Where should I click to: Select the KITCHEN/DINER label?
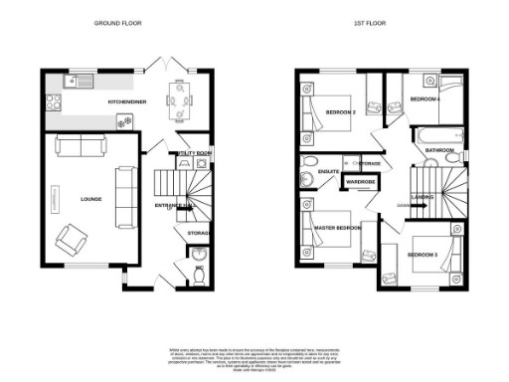click(x=129, y=101)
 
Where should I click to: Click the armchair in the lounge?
click(x=71, y=239)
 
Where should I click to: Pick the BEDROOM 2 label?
click(x=340, y=111)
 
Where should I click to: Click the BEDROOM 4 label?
click(x=425, y=99)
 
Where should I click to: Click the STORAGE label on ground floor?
click(x=198, y=233)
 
